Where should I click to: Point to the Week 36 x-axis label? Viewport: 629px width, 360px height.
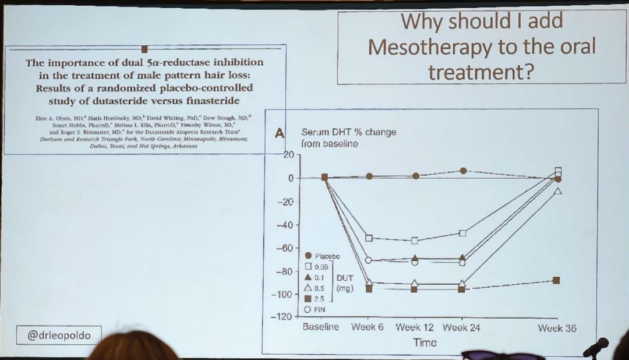(557, 328)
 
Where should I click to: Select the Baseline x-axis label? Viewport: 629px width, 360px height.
(320, 327)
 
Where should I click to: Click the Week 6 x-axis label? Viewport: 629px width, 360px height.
(367, 327)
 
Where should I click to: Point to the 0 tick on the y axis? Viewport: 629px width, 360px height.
(291, 178)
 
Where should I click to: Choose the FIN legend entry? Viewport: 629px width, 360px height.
(319, 309)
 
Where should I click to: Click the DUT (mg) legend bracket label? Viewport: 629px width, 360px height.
(345, 283)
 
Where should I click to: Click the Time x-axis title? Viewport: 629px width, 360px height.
(425, 343)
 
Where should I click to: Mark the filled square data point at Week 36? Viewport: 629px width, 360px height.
(557, 280)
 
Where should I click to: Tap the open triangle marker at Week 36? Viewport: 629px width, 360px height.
(558, 191)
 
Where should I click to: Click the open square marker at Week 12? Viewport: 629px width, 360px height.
(415, 241)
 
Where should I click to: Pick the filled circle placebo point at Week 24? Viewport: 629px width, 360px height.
(463, 171)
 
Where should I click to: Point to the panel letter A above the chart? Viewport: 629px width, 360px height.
(279, 133)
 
